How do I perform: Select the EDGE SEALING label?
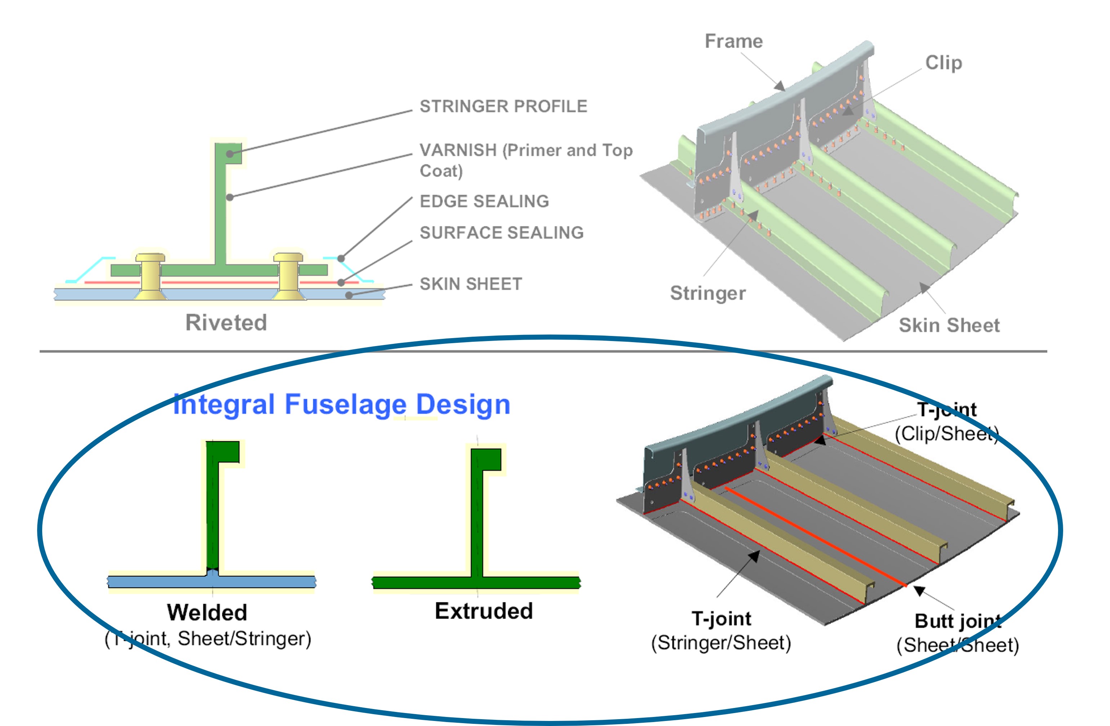coord(484,201)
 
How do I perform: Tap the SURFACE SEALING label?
coord(501,233)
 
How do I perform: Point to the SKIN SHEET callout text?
coord(471,284)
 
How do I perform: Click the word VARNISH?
coord(458,150)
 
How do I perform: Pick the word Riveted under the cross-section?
coord(226,322)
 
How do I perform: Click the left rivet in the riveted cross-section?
coord(150,275)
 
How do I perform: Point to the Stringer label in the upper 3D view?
coord(707,293)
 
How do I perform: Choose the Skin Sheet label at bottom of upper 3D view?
coord(949,325)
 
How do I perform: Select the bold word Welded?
coord(207,612)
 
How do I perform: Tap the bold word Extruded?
coord(484,611)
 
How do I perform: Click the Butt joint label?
coord(958,621)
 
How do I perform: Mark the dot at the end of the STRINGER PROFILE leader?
coord(230,154)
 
